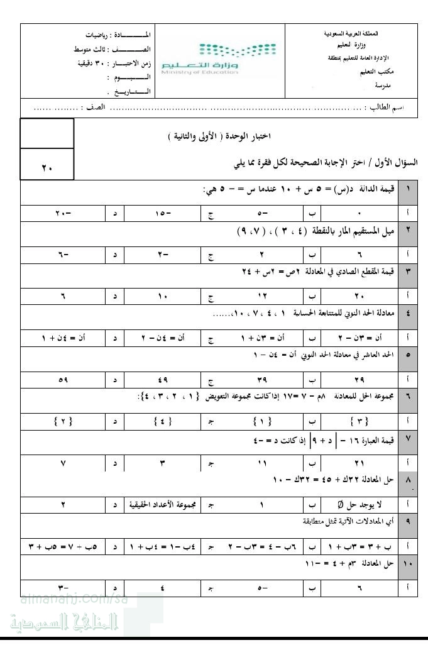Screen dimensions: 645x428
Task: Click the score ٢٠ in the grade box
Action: coord(47,168)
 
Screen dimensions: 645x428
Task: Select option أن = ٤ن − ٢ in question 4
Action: coord(165,338)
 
